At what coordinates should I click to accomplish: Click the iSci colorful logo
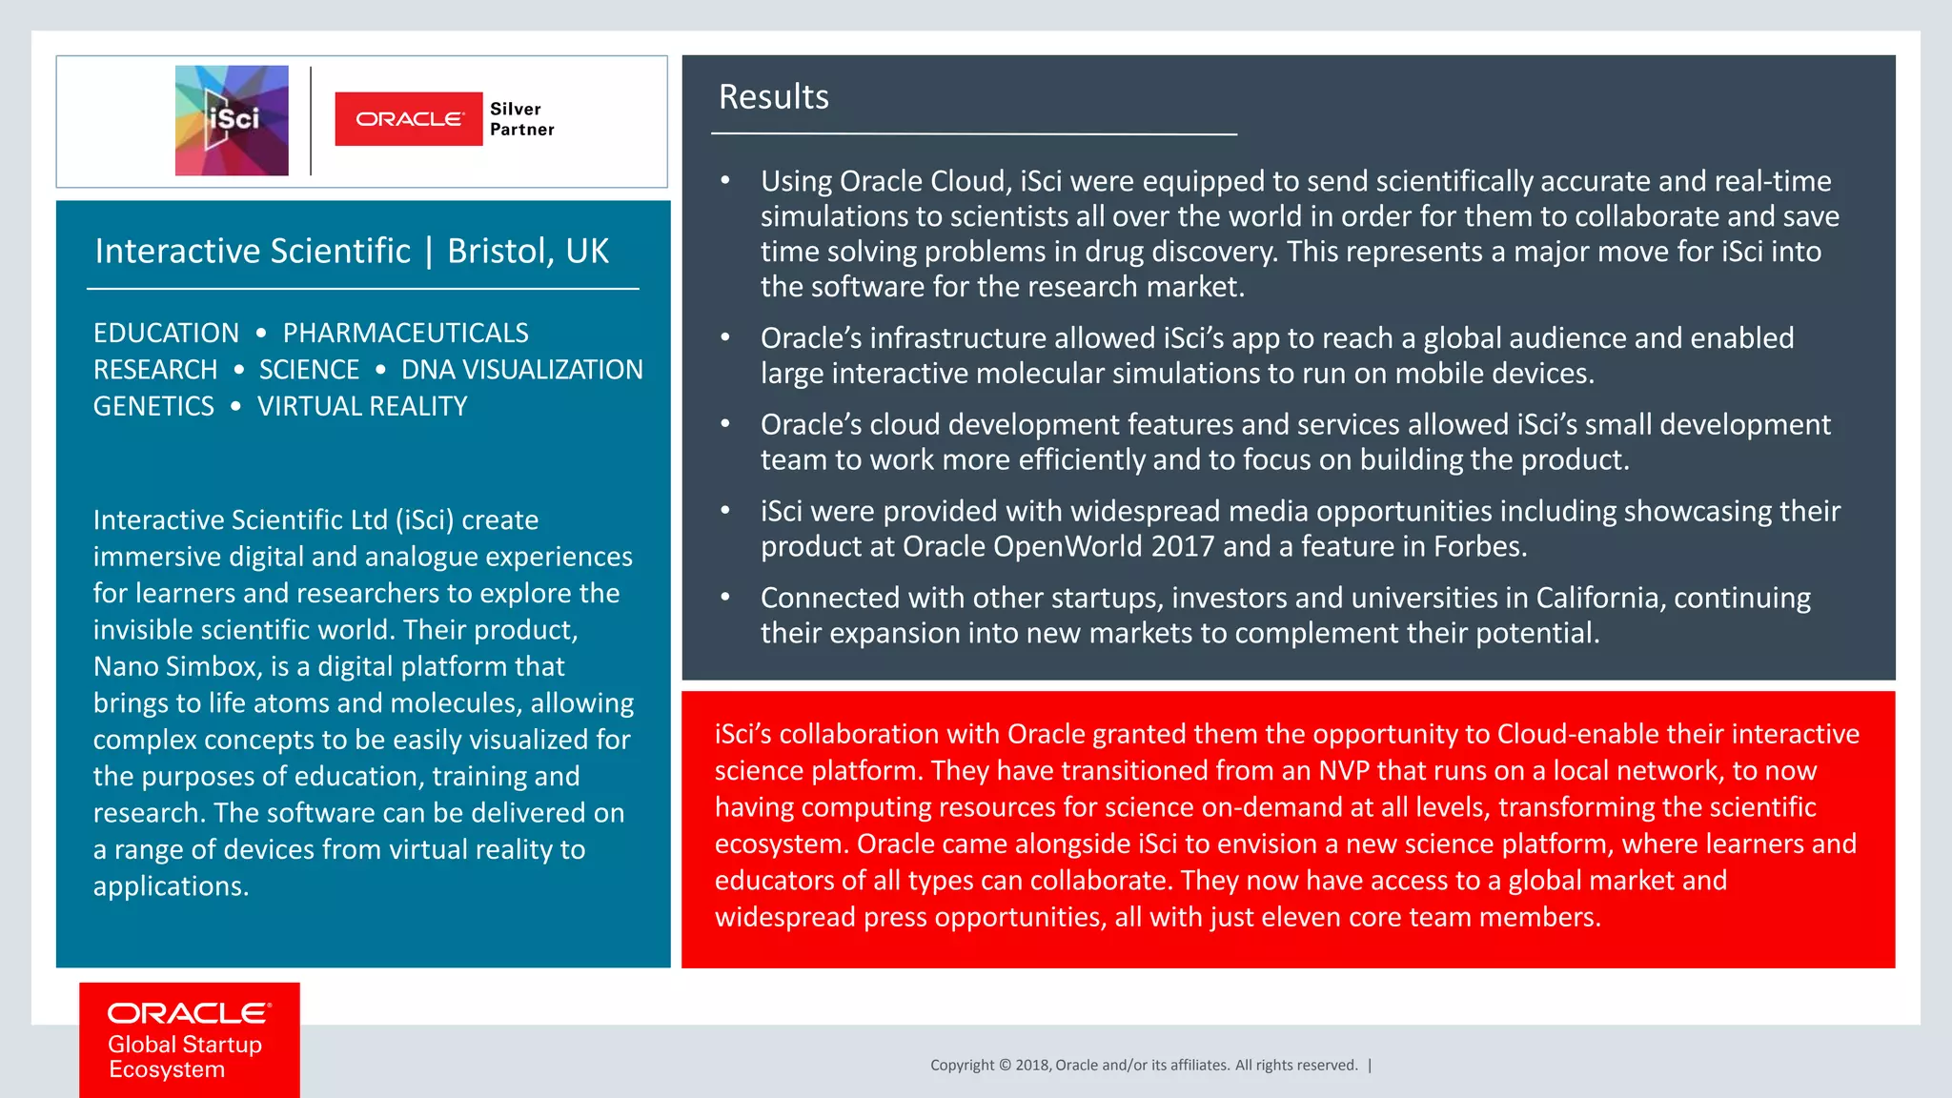click(232, 120)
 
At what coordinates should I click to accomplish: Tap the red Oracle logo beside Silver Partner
click(409, 119)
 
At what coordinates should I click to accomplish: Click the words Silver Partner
click(521, 119)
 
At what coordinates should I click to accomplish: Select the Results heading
click(773, 97)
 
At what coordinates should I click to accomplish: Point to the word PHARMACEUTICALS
click(405, 333)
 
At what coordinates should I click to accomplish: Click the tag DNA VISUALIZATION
click(521, 370)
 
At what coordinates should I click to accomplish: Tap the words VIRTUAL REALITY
click(362, 406)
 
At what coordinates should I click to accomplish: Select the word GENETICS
click(153, 406)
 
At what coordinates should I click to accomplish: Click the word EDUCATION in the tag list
click(166, 333)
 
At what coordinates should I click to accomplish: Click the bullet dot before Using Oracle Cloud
click(725, 180)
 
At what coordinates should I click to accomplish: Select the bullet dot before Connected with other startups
click(725, 597)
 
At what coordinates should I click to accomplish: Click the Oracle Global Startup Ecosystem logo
click(189, 1040)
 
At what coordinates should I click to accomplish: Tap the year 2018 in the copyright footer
click(1032, 1066)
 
